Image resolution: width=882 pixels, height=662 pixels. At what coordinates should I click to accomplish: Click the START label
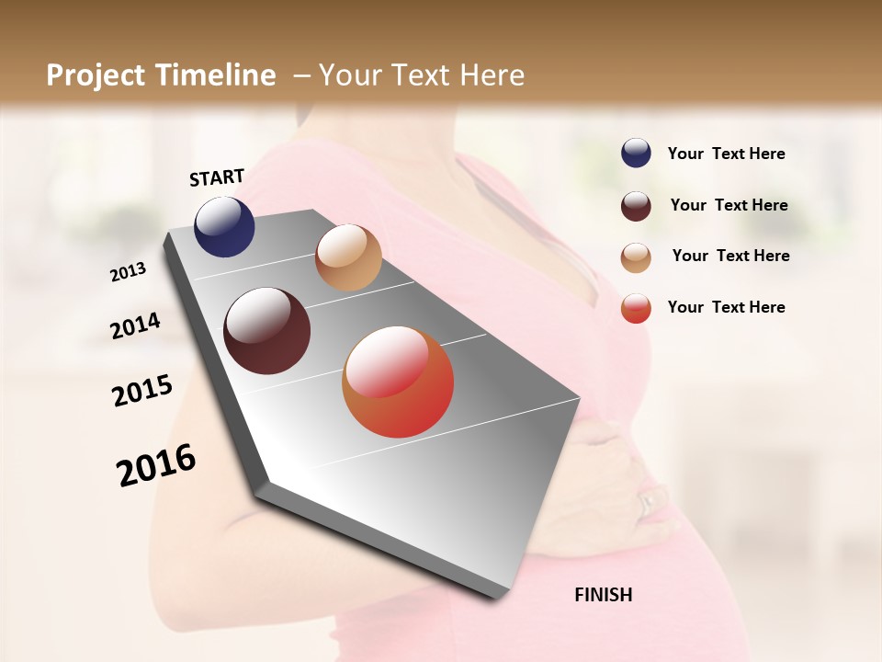point(217,177)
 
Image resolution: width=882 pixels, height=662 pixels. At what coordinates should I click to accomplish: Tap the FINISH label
point(603,595)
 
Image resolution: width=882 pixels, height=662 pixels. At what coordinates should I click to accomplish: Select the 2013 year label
point(129,271)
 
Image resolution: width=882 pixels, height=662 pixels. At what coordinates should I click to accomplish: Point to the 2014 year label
point(135,325)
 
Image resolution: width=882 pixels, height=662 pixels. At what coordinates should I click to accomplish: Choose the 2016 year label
point(156,465)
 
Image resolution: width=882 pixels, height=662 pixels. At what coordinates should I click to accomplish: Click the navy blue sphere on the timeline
point(224,226)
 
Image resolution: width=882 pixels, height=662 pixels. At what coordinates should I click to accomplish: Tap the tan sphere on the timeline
point(348,257)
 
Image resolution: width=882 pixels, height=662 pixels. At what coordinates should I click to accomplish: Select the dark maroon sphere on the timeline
point(267,331)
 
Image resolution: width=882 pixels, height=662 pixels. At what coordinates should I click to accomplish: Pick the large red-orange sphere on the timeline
point(398,382)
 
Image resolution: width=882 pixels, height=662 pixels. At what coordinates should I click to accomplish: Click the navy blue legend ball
point(636,154)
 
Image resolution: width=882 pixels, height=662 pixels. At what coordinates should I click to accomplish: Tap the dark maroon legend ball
point(636,206)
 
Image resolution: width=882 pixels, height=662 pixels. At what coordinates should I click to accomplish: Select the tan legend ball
point(636,257)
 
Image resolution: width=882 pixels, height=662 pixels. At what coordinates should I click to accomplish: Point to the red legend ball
point(636,308)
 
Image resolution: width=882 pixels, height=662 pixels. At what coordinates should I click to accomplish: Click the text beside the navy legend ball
point(726,154)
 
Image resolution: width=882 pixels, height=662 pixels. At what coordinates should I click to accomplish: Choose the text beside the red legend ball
point(726,307)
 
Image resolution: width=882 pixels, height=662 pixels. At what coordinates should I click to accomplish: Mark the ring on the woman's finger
point(647,501)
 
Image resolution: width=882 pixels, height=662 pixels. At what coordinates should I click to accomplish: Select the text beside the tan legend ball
point(730,256)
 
